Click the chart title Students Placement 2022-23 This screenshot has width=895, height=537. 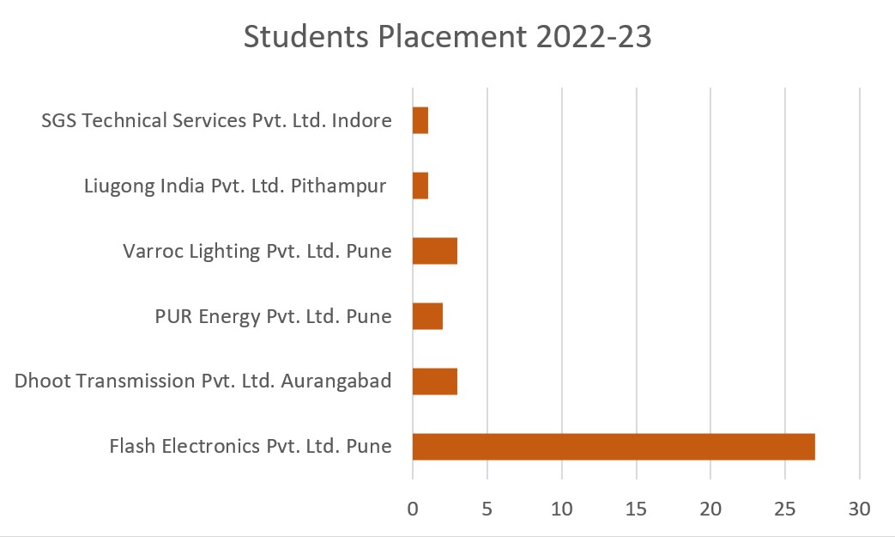click(x=447, y=38)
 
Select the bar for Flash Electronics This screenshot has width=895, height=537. click(x=614, y=447)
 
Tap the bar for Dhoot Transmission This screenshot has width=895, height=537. click(x=435, y=381)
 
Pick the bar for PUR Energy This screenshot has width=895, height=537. click(x=427, y=316)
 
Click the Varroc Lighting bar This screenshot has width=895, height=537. click(x=435, y=251)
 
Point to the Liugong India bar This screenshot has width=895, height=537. click(x=420, y=186)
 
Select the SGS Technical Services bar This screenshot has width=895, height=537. click(x=420, y=120)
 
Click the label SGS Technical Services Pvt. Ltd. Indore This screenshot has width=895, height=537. click(x=216, y=120)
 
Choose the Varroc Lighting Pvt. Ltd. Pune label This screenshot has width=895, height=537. click(x=257, y=251)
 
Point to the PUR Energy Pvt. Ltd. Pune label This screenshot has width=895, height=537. click(x=273, y=316)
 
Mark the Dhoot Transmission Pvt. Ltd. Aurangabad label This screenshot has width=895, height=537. click(x=203, y=381)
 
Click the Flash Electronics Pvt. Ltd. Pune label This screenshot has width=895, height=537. click(x=251, y=447)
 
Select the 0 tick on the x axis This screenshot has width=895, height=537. click(x=413, y=509)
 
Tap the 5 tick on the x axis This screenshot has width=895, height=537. click(x=487, y=509)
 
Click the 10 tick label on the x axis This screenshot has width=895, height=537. click(x=562, y=509)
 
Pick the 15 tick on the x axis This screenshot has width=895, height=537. click(x=636, y=509)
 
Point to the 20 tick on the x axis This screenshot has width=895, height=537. click(x=711, y=509)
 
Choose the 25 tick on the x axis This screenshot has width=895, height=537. click(x=785, y=509)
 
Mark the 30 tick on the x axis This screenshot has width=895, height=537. click(x=859, y=509)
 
